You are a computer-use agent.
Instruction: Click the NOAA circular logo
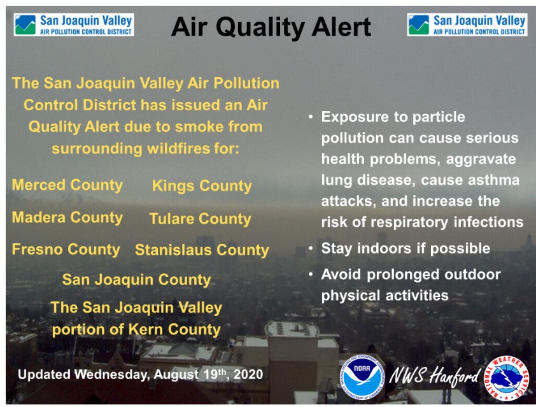362,377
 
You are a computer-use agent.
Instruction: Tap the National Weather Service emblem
507,378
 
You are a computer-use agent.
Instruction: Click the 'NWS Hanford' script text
434,376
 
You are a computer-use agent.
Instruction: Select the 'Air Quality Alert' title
271,27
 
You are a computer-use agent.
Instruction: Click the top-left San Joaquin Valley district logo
74,25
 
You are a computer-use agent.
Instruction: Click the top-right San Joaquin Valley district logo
467,25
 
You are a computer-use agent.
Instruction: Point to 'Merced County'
67,185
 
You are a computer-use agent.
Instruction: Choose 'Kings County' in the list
202,186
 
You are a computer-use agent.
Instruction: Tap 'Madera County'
67,218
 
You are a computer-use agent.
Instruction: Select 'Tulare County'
201,219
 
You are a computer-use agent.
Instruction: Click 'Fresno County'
66,250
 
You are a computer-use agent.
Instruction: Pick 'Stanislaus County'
202,250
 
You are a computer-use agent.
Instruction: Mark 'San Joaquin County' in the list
136,280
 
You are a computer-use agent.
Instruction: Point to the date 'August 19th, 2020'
208,374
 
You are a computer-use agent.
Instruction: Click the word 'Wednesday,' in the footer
113,375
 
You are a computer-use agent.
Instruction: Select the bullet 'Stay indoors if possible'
406,248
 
